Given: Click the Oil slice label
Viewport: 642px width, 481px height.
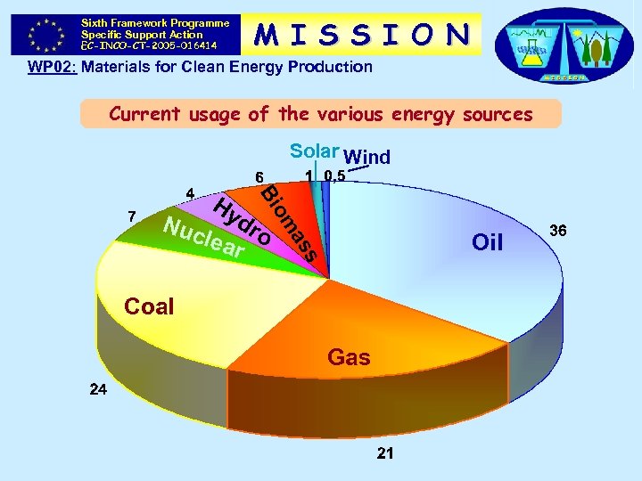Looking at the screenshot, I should tap(488, 242).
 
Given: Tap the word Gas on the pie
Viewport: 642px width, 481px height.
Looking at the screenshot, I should tap(348, 357).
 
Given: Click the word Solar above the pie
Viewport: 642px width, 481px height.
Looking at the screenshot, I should tap(314, 152).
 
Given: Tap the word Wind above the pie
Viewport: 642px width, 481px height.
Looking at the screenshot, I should tap(366, 158).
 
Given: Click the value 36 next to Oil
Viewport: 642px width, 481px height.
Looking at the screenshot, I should tap(559, 231).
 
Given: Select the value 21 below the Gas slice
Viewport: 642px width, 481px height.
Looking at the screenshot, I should tap(385, 453).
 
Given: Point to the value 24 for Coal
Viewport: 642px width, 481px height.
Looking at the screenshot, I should tap(98, 389).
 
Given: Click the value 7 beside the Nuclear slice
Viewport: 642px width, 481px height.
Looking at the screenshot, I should tap(132, 216).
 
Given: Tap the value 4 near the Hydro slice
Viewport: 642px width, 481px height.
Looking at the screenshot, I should tap(189, 192).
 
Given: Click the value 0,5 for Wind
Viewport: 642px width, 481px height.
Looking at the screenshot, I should tap(335, 175).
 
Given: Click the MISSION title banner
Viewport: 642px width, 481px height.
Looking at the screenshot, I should tap(361, 34).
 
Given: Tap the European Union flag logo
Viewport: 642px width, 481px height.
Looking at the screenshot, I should tap(44, 34).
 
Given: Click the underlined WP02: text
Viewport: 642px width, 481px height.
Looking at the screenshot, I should tap(52, 67).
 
